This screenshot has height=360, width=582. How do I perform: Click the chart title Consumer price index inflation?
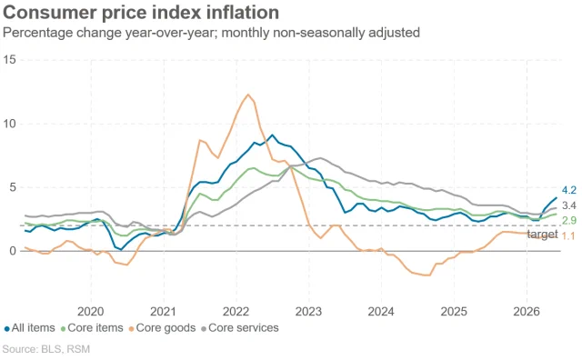click(141, 12)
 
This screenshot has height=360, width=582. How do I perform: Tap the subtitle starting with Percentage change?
click(211, 33)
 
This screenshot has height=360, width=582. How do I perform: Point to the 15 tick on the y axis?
click(10, 59)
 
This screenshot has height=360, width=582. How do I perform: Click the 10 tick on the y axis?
click(10, 124)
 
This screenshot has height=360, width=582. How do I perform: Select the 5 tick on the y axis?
click(13, 187)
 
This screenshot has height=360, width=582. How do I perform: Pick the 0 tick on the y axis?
click(13, 251)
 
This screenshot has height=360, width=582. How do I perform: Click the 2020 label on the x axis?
click(91, 312)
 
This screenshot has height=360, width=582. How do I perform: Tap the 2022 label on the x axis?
click(236, 312)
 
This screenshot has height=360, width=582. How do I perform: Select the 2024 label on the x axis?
click(381, 312)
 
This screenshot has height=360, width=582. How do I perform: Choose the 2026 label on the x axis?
click(527, 312)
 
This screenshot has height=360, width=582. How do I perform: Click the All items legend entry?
click(29, 328)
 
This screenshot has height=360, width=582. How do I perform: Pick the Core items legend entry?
click(92, 328)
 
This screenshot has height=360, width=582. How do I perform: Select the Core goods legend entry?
click(162, 328)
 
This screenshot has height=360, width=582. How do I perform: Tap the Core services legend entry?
click(240, 328)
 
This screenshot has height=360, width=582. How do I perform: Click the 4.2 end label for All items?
click(569, 190)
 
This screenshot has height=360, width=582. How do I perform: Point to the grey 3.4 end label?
click(569, 205)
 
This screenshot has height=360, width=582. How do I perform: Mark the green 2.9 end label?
click(569, 220)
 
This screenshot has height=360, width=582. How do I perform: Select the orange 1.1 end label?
click(568, 235)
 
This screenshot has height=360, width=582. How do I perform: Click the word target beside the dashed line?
click(542, 235)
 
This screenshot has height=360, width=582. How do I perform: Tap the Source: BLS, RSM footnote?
click(46, 349)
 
